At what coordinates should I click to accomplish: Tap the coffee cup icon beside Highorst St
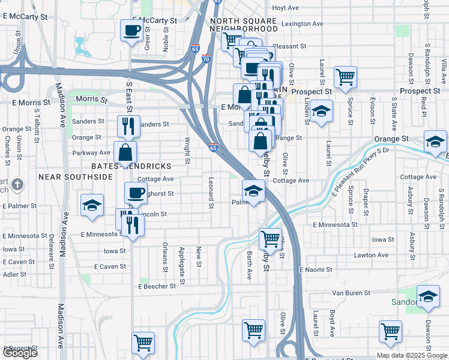[136, 193]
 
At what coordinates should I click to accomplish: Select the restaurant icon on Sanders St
[128, 125]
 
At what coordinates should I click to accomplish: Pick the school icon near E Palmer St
[91, 205]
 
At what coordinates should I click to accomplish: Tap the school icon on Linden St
[322, 111]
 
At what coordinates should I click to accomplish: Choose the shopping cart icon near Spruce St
[345, 77]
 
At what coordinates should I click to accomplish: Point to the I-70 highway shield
[206, 59]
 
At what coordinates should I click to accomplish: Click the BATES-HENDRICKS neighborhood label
[131, 166]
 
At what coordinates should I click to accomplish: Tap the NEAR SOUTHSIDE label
[76, 177]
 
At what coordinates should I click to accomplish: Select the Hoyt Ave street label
[285, 8]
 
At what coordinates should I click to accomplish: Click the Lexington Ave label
[303, 24]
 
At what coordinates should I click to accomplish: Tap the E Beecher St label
[157, 286]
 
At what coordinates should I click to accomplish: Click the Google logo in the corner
[20, 353]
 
